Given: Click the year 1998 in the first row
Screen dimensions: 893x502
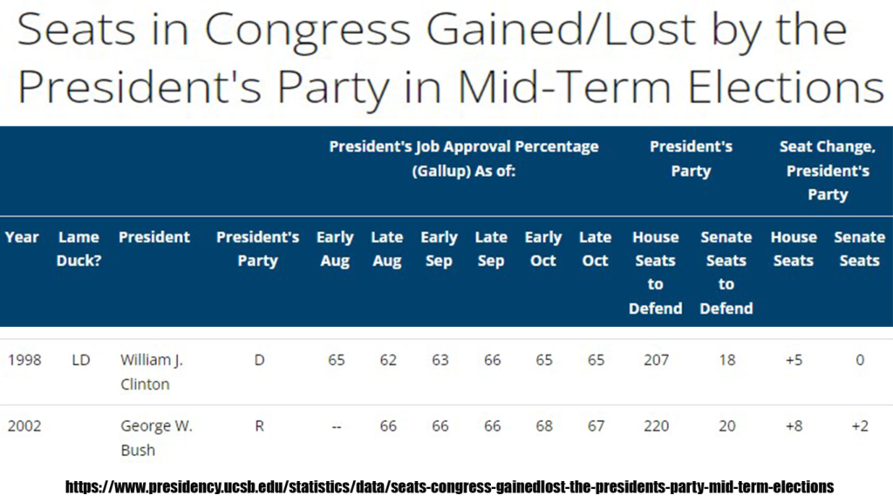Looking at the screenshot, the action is click(x=24, y=360).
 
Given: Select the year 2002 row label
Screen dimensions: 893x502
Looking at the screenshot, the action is click(x=24, y=426).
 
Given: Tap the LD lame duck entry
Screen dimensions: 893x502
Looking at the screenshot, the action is click(x=81, y=360).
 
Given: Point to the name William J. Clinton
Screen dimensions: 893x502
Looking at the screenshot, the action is click(x=152, y=372).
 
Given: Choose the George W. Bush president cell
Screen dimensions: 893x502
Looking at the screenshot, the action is click(x=157, y=438).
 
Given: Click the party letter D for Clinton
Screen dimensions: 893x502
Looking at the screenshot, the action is click(x=259, y=360).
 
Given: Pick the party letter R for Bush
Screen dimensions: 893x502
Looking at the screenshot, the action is click(x=259, y=426).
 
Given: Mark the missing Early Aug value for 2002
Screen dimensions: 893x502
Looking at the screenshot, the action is click(x=336, y=427).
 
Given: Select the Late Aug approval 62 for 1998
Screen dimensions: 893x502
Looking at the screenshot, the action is click(x=388, y=360).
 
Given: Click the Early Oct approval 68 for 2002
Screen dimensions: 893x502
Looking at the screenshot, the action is click(x=544, y=426).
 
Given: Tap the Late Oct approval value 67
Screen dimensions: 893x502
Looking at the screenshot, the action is click(x=596, y=426).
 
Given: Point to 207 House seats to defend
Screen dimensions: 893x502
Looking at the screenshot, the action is click(x=656, y=360).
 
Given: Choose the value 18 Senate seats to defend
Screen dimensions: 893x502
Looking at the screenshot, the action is click(x=727, y=360).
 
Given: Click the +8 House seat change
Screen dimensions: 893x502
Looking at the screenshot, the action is click(x=794, y=426).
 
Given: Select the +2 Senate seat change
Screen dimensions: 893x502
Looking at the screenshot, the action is click(x=860, y=426).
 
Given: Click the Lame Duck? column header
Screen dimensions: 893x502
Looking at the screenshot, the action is click(x=78, y=248).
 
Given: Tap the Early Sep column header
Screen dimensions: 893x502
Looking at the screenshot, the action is click(x=440, y=248).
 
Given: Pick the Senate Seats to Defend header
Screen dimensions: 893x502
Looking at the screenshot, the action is click(x=726, y=273).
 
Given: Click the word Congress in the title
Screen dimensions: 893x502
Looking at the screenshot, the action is click(x=307, y=31).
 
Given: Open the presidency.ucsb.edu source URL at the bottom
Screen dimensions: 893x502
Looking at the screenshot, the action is click(x=449, y=487).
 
